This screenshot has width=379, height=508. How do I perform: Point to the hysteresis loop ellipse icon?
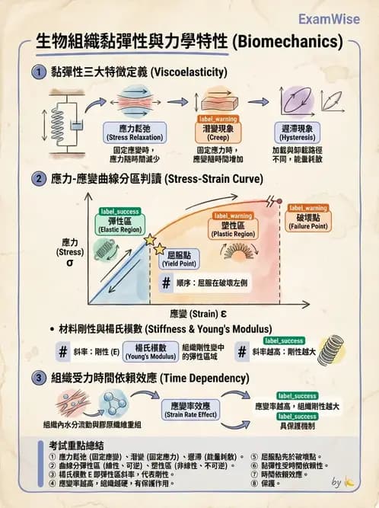click(293, 101)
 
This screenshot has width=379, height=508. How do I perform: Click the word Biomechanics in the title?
click(291, 43)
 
